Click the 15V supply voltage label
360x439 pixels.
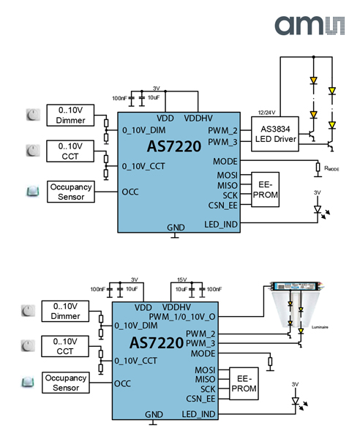[183, 279]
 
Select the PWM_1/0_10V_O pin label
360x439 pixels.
[184, 317]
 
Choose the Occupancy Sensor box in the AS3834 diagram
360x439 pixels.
[71, 192]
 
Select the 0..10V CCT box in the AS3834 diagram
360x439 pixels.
[71, 151]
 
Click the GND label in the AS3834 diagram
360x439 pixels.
[176, 228]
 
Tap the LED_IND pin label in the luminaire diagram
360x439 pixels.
[198, 414]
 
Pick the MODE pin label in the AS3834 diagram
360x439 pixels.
[225, 161]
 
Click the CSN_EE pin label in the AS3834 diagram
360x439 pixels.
[222, 206]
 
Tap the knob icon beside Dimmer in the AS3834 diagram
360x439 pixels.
[32, 114]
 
